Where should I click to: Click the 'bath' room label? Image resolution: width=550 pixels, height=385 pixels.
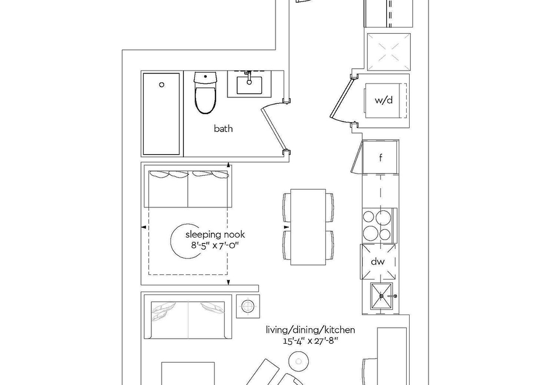click(223, 129)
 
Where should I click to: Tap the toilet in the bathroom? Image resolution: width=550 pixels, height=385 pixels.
click(206, 93)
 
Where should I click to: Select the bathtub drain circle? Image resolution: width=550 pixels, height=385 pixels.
click(162, 84)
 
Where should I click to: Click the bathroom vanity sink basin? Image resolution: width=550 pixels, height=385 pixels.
click(249, 85)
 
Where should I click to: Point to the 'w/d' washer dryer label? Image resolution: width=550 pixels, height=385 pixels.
click(384, 100)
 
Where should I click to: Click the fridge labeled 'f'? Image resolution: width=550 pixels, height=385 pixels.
click(380, 158)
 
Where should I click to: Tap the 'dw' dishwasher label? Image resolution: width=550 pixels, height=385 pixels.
click(378, 261)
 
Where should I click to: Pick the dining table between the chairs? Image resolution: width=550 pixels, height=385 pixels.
click(309, 227)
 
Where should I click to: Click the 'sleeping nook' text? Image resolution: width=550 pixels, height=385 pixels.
click(215, 234)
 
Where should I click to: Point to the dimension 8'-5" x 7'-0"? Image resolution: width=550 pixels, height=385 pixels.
click(215, 245)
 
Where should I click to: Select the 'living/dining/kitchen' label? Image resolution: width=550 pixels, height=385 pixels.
click(311, 330)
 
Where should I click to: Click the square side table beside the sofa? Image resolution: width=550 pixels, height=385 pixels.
click(248, 306)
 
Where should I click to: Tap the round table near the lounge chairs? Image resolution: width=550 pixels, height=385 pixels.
click(298, 361)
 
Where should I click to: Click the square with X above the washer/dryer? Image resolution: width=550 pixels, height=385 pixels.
click(388, 52)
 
